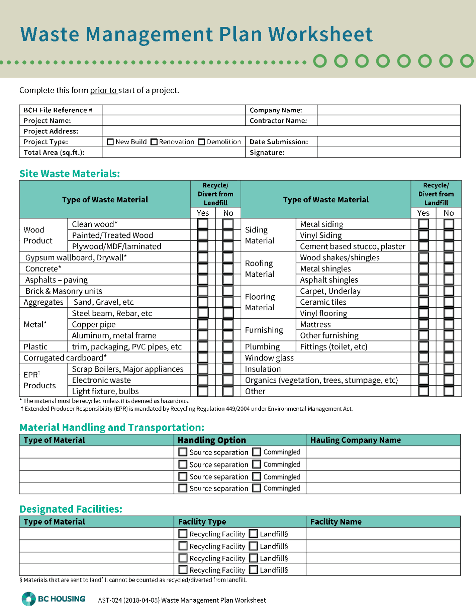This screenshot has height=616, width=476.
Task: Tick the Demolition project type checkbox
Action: [x=202, y=142]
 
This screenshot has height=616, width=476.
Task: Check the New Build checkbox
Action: [x=110, y=142]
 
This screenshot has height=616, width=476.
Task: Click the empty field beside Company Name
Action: [x=388, y=110]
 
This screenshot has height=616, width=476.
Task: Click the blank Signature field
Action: [x=388, y=153]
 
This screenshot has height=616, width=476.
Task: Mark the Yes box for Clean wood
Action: [x=203, y=224]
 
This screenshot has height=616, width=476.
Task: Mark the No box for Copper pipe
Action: [x=228, y=324]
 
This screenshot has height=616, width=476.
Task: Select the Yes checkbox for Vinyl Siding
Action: [x=423, y=235]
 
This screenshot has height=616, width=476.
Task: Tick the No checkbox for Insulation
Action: [x=449, y=369]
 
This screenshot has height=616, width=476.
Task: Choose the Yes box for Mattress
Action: [x=423, y=324]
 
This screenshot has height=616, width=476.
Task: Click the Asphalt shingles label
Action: [x=329, y=280]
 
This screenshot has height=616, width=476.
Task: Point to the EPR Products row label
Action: [x=39, y=380]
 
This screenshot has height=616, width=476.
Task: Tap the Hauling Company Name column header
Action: [x=356, y=440]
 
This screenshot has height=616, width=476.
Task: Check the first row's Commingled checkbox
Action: [x=257, y=452]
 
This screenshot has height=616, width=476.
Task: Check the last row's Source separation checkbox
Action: [x=183, y=488]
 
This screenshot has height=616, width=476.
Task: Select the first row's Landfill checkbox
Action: [x=253, y=534]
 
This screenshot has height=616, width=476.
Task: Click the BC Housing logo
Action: [x=54, y=599]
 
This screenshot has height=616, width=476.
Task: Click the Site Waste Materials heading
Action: [x=70, y=174]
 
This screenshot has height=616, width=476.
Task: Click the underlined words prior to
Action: [x=103, y=90]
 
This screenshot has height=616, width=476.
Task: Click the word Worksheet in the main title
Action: [x=320, y=34]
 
